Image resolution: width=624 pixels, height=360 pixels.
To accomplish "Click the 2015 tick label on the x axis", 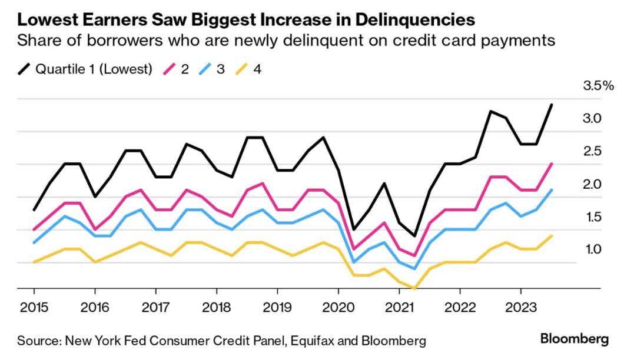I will click(x=34, y=308).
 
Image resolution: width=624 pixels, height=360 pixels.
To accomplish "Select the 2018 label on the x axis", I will click(x=216, y=308).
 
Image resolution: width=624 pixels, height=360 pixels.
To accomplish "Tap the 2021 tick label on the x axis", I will click(x=399, y=308).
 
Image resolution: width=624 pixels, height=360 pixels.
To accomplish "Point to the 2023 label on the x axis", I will click(x=520, y=308).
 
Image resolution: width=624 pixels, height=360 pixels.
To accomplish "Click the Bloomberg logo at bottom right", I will click(x=574, y=339).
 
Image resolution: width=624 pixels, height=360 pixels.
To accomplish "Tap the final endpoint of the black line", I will click(x=551, y=105).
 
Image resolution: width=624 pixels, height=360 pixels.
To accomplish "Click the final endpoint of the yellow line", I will click(x=551, y=236).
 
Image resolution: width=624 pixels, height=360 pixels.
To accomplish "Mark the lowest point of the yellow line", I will click(x=414, y=288).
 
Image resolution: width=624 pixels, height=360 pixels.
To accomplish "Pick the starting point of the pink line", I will click(x=34, y=229).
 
